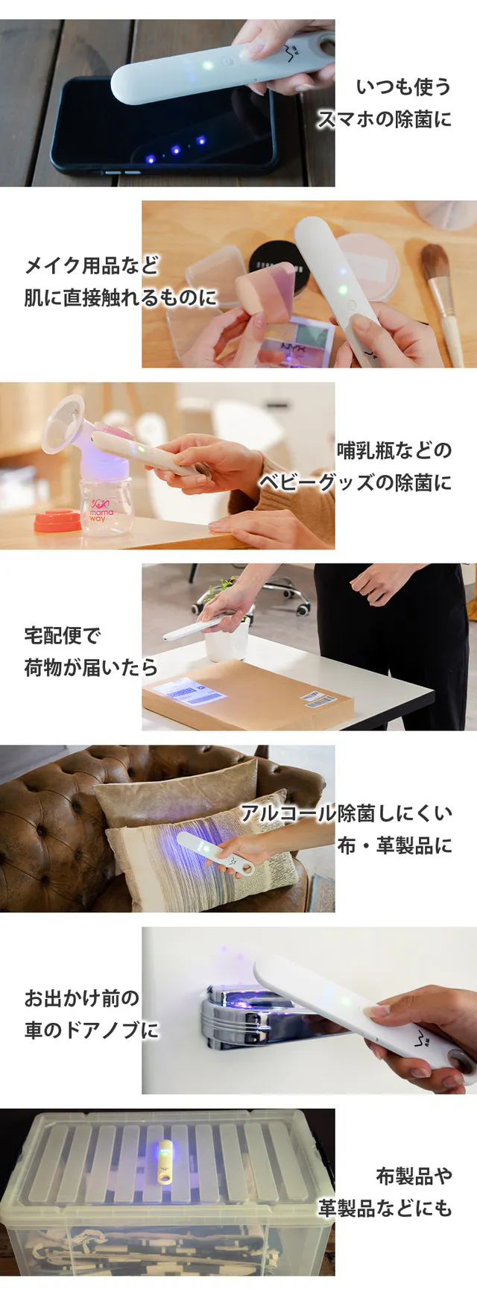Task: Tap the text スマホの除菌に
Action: [385, 119]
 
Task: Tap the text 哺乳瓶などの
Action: [394, 450]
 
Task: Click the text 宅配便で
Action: [62, 635]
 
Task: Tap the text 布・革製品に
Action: [394, 845]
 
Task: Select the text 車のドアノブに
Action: [91, 1030]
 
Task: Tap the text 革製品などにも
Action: [385, 1208]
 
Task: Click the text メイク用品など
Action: [91, 265]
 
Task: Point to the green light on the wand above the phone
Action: [209, 66]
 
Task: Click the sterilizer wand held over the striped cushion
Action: [215, 854]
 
